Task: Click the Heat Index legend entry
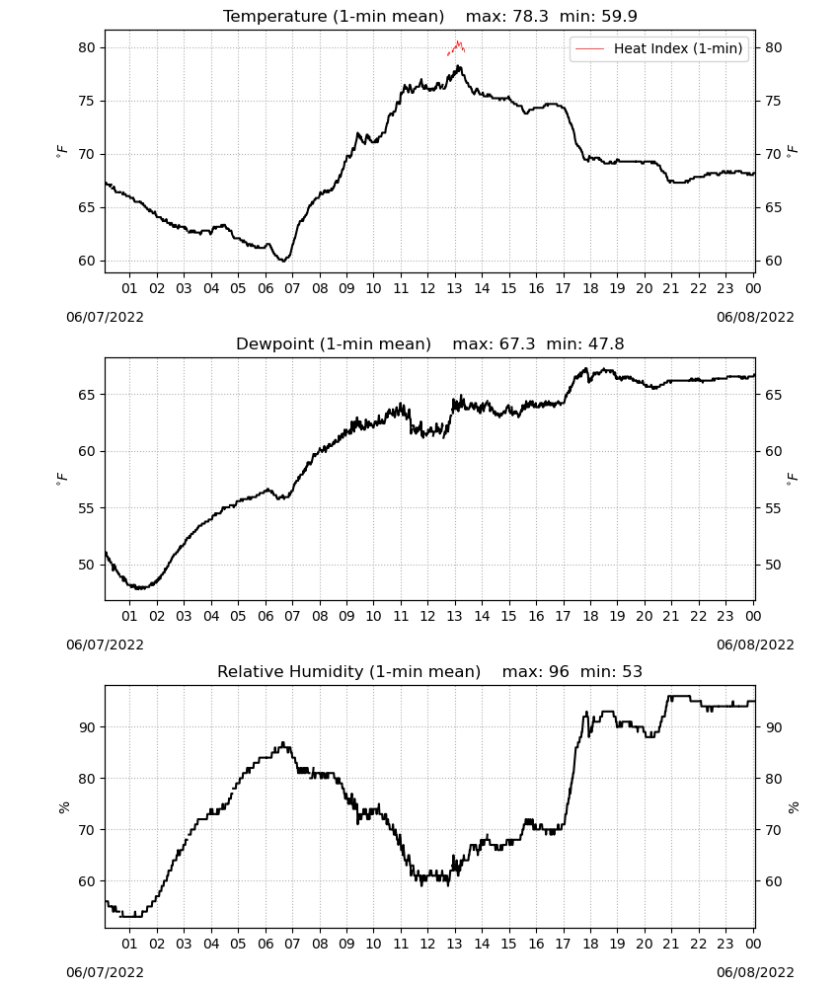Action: coord(659,48)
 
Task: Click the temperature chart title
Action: coord(430,16)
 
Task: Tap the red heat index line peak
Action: coord(458,42)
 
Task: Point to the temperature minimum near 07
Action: coord(285,260)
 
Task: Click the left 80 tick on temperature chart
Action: coord(87,47)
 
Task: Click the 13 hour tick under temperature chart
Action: coord(454,288)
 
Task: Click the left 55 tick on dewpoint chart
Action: coord(87,508)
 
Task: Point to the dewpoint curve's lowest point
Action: coord(140,588)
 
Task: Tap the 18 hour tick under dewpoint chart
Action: coord(590,616)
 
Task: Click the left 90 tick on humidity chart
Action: coord(87,727)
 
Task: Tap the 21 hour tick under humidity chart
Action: coord(671,944)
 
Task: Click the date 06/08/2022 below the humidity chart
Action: coord(755,972)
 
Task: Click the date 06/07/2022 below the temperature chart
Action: coord(105,317)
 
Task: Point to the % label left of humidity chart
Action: coord(63,807)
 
